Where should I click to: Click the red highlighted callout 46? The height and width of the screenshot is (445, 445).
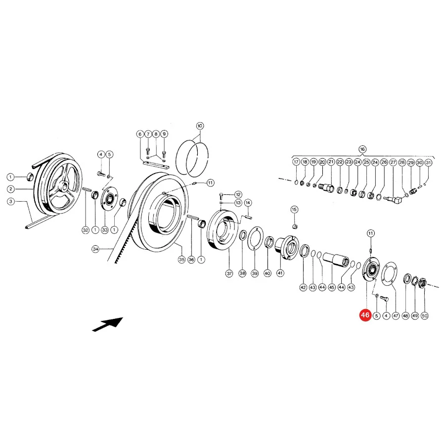pyautogui.click(x=365, y=315)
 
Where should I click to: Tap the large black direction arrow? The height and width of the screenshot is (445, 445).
pyautogui.click(x=108, y=324)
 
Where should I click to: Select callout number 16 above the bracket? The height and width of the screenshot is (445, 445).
pyautogui.click(x=362, y=149)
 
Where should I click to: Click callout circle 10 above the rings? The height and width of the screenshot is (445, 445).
pyautogui.click(x=200, y=126)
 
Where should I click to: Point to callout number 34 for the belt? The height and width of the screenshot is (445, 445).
pyautogui.click(x=95, y=249)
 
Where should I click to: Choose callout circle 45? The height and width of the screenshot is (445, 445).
pyautogui.click(x=332, y=287)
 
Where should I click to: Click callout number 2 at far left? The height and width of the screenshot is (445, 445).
pyautogui.click(x=11, y=189)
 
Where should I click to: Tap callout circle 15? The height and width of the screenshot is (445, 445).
pyautogui.click(x=294, y=210)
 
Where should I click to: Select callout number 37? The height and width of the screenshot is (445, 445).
pyautogui.click(x=229, y=273)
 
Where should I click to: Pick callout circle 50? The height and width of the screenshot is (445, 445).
pyautogui.click(x=425, y=315)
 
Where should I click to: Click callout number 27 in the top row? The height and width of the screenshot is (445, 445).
pyautogui.click(x=393, y=162)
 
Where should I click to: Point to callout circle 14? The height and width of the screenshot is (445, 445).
pyautogui.click(x=248, y=203)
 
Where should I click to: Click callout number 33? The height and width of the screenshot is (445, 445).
pyautogui.click(x=105, y=230)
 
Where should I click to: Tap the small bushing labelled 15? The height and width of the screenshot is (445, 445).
pyautogui.click(x=295, y=226)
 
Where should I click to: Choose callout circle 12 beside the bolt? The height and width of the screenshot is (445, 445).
pyautogui.click(x=238, y=195)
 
